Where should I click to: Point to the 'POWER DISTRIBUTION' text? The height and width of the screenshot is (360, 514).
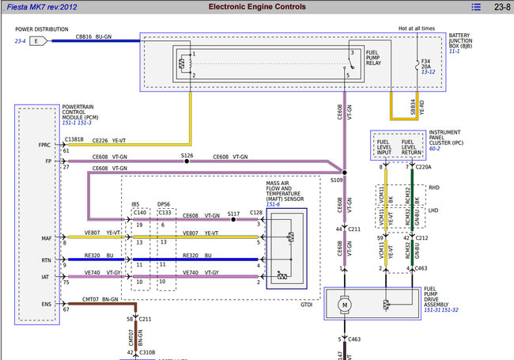(x=41, y=29)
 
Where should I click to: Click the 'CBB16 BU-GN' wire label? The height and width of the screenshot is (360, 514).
(x=93, y=36)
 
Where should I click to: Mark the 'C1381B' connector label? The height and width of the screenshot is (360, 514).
(x=74, y=139)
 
